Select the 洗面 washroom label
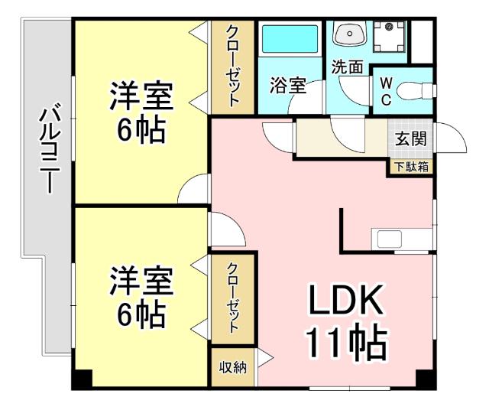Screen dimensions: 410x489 coord(347,67)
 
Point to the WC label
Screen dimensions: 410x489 coord(386,89)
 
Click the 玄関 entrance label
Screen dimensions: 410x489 coord(411,139)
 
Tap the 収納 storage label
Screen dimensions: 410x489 coord(233,368)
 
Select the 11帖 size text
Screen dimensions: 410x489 coord(345,343)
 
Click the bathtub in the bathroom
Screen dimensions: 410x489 coord(290,39)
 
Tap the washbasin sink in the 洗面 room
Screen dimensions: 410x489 coord(350,35)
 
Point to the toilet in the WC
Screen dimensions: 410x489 coord(413,89)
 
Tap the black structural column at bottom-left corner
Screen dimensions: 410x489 coord(83,379)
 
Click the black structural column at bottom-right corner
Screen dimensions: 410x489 coord(424,379)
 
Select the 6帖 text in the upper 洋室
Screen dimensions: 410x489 coord(141,130)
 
